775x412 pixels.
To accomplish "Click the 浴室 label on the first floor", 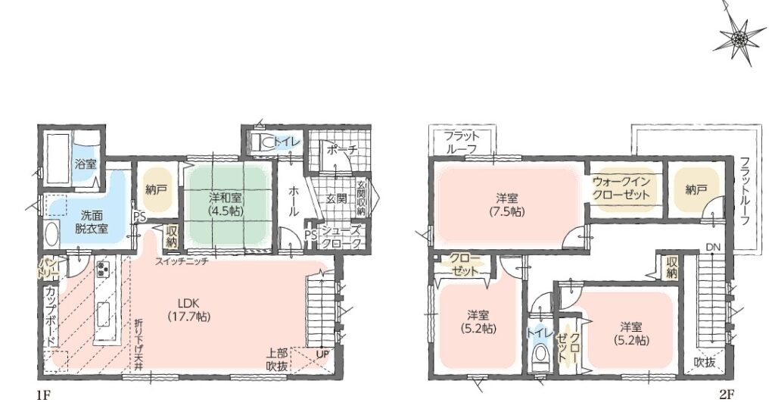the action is tap(86, 164).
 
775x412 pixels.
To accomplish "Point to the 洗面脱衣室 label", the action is tap(92, 223).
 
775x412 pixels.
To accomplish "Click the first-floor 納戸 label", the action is tap(156, 189).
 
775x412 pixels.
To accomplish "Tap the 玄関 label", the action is tap(336, 198).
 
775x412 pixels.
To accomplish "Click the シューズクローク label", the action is tap(341, 237).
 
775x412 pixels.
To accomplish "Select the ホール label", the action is tap(293, 201).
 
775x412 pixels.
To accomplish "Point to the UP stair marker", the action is tap(322, 354).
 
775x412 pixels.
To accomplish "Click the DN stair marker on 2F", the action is tap(712, 247).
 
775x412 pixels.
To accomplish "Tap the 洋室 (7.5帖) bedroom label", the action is tap(507, 204).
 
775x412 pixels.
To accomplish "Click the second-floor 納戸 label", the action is tap(696, 189).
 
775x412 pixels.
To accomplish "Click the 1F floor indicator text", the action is tap(43, 395).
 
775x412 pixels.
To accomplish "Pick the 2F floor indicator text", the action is tap(727, 395).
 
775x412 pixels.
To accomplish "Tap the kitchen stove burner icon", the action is tap(104, 270).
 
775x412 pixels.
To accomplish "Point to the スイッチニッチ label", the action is tap(182, 261).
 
